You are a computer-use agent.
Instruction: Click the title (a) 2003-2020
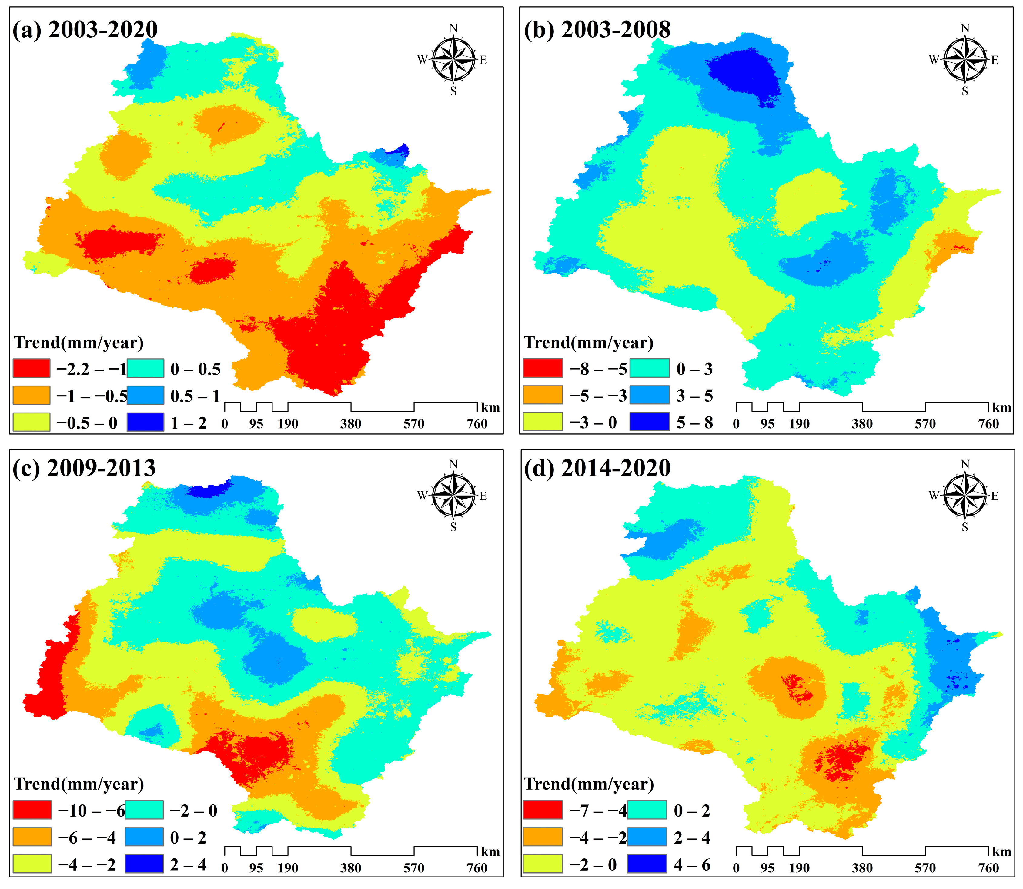(85, 30)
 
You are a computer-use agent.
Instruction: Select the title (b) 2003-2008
(597, 30)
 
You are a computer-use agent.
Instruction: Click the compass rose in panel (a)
(453, 60)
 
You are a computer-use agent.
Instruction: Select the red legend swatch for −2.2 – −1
(31, 368)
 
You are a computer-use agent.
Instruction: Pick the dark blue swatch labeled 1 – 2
(145, 422)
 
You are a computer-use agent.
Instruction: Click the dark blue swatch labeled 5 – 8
(649, 422)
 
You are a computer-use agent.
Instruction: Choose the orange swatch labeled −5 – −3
(543, 395)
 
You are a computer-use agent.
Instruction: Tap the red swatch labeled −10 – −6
(32, 810)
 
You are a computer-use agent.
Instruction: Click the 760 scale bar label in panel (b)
(988, 424)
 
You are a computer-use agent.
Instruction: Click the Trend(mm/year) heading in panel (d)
(589, 784)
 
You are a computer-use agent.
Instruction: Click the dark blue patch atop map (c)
(209, 490)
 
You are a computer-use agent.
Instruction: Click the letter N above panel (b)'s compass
(964, 28)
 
